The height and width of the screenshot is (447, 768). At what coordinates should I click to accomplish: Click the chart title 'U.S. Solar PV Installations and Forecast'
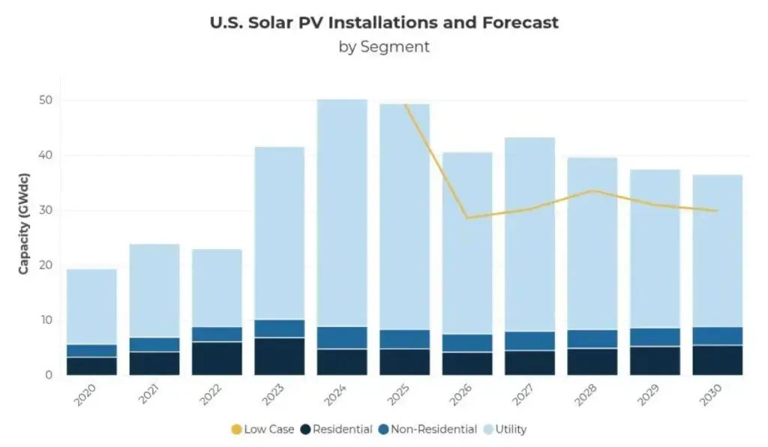(x=384, y=22)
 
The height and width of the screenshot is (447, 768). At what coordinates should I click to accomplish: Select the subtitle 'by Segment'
(x=384, y=46)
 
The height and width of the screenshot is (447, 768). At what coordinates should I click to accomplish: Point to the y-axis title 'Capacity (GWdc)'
(x=24, y=226)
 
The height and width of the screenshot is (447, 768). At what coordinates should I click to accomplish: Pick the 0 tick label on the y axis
(x=48, y=375)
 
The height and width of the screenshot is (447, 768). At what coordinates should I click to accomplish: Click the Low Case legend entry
(x=262, y=430)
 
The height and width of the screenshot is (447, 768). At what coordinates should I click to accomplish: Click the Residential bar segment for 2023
(x=279, y=356)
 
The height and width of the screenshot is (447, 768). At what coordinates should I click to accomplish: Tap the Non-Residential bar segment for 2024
(x=342, y=337)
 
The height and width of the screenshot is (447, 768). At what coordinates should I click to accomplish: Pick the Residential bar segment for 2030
(x=717, y=360)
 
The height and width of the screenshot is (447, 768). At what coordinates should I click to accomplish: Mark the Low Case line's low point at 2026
(x=467, y=217)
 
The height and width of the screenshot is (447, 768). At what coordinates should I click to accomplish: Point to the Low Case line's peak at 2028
(x=592, y=190)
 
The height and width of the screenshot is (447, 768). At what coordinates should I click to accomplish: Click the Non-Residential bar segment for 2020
(x=91, y=350)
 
